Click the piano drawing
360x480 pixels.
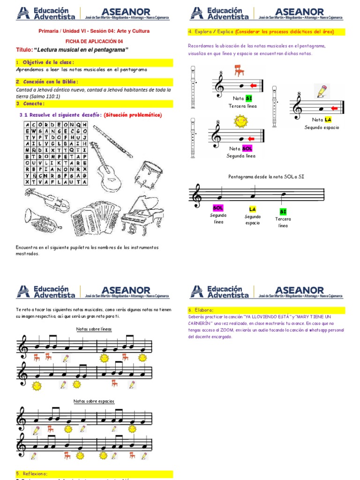[x=142, y=215]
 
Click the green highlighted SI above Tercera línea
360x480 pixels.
[x=283, y=211]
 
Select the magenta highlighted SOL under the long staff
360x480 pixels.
[x=218, y=208]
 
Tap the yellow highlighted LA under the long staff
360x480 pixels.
[x=252, y=209]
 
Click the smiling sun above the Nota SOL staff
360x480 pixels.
[x=240, y=121]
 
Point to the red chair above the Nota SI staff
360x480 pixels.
[x=239, y=70]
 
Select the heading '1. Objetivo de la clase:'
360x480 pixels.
[x=45, y=62]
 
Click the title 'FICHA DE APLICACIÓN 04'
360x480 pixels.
[x=94, y=41]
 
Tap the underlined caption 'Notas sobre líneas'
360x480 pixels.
[x=94, y=329]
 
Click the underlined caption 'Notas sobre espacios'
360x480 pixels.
[x=94, y=401]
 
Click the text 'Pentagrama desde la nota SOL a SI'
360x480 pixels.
[x=266, y=177]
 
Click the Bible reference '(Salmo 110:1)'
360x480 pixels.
[x=44, y=97]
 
